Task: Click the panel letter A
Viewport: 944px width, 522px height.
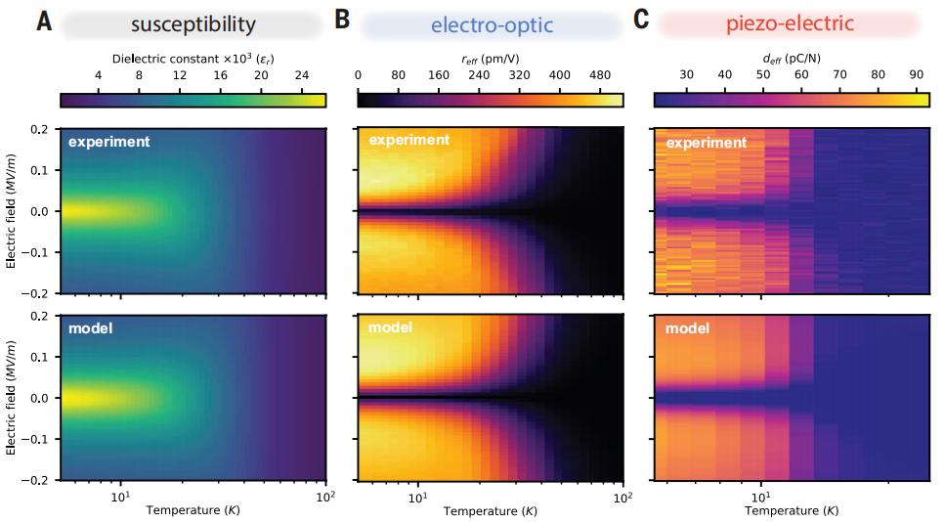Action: click(x=44, y=22)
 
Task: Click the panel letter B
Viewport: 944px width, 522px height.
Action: click(x=342, y=21)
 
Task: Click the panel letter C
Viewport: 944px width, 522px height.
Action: click(x=641, y=21)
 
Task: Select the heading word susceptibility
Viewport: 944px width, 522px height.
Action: click(x=193, y=23)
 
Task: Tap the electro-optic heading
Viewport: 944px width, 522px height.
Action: click(x=492, y=23)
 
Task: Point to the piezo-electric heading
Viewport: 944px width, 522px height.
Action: click(x=789, y=23)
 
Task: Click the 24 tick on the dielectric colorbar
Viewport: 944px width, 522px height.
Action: click(x=301, y=75)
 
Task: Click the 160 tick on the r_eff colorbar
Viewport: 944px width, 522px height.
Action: click(x=438, y=75)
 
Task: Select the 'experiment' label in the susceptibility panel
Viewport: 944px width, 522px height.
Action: click(x=108, y=142)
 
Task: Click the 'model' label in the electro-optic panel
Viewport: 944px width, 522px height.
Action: click(x=391, y=327)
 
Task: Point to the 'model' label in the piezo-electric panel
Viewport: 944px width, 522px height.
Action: click(x=688, y=328)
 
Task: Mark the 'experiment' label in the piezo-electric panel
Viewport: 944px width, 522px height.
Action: click(x=707, y=143)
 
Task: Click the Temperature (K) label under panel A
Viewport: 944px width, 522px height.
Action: click(x=193, y=509)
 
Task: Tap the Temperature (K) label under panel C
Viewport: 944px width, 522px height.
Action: click(x=791, y=509)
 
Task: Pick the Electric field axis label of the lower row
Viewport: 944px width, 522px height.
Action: click(x=12, y=396)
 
